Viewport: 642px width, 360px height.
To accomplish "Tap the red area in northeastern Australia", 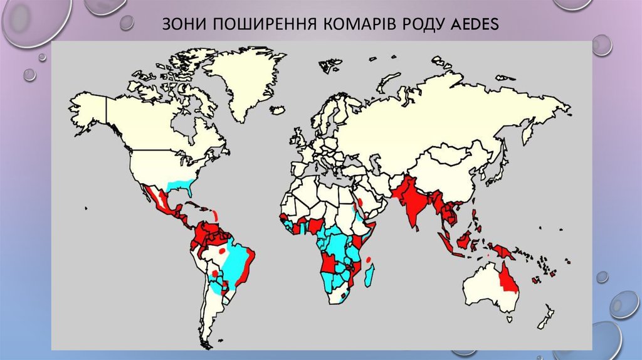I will tap(508, 279).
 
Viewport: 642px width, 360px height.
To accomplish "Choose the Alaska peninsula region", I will tap(88, 110).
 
